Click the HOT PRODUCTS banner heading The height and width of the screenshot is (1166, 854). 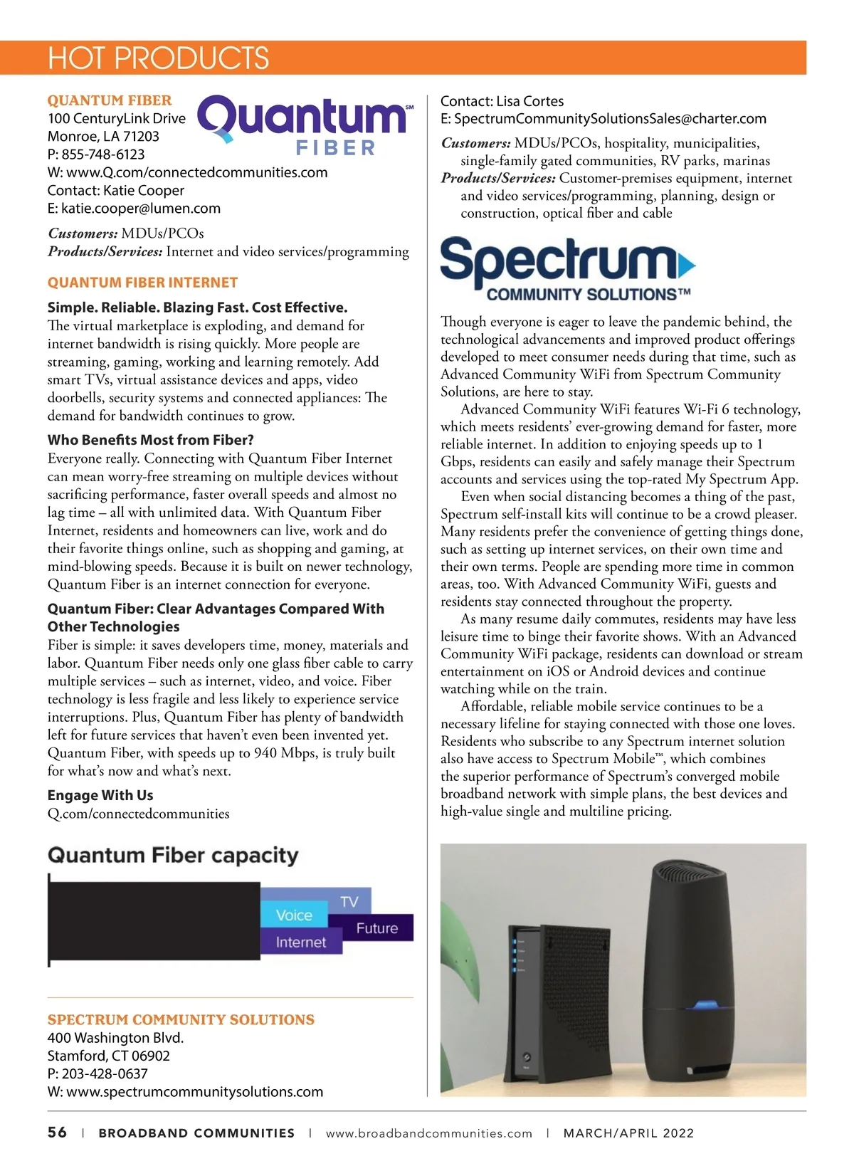pos(158,58)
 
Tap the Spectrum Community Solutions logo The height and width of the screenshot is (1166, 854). pos(567,268)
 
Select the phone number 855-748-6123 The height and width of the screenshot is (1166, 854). pos(103,154)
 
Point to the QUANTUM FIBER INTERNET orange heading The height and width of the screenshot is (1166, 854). pos(142,283)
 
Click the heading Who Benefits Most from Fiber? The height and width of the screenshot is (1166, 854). pos(150,440)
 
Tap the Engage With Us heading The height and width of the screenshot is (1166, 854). pos(100,795)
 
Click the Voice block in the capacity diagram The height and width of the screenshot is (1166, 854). pos(294,915)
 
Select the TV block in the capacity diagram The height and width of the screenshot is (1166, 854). pos(349,901)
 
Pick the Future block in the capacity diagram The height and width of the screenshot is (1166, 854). pos(377,928)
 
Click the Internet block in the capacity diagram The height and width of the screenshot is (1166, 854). pos(300,942)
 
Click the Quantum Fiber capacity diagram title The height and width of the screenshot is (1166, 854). pos(173,855)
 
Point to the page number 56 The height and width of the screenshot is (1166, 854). pos(57,1133)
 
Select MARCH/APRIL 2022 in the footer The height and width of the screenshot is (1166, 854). pos(628,1133)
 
